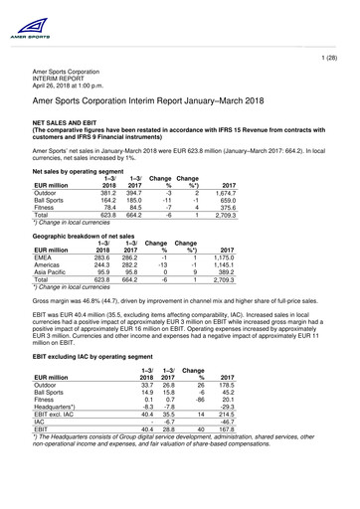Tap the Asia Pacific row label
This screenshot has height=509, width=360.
click(53, 273)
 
